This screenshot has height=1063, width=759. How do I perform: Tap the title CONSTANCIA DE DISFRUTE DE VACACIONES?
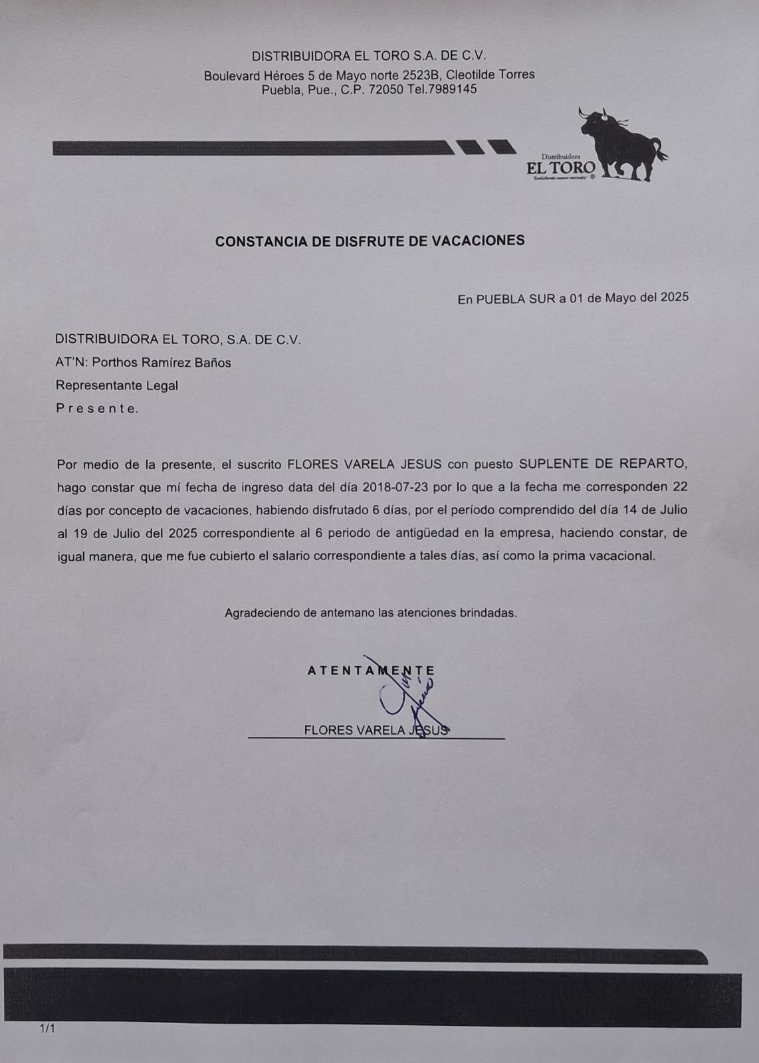(370, 241)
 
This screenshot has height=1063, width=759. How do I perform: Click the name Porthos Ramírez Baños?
(162, 363)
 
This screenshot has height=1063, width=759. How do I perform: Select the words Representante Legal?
(117, 385)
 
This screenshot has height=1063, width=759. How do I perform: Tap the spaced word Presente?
(97, 409)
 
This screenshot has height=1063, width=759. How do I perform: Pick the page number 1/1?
(47, 1029)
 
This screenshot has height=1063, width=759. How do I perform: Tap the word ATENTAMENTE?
(370, 670)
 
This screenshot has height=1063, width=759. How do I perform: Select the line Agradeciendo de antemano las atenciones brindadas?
(370, 613)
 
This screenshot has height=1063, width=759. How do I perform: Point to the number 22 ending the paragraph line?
(679, 487)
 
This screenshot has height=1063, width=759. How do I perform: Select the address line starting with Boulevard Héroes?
(369, 75)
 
